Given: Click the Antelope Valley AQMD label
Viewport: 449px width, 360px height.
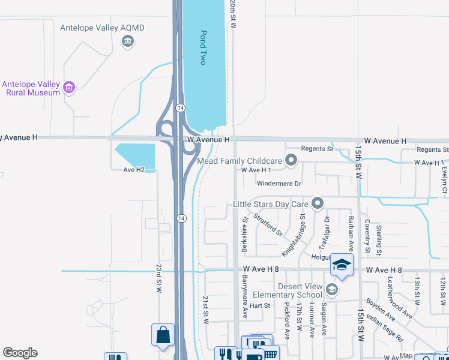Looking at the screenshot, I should [x=102, y=28].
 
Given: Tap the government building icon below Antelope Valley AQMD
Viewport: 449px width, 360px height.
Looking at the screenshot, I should [x=127, y=41].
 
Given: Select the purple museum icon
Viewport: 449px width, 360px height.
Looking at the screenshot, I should [x=69, y=88].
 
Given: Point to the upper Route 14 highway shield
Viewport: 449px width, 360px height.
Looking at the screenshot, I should [x=180, y=107].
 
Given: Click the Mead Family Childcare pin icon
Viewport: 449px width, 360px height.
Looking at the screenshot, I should [x=291, y=160].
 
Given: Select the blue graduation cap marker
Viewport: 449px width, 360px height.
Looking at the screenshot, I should [x=342, y=265].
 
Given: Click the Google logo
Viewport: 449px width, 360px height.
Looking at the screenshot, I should [x=20, y=353].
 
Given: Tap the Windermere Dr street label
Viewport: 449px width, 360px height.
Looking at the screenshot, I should [x=279, y=183].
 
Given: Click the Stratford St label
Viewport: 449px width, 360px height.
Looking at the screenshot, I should [x=268, y=224].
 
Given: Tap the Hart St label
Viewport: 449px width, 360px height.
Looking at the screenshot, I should [x=260, y=305].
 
